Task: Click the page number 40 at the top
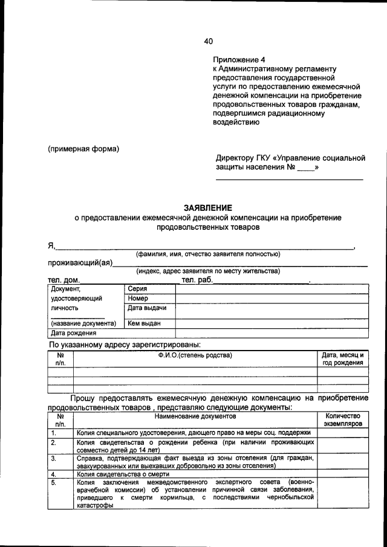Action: click(x=208, y=41)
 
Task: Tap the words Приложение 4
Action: click(x=239, y=60)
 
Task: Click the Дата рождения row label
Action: click(x=73, y=332)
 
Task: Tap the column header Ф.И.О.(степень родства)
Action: click(x=195, y=355)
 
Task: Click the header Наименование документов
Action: click(x=195, y=416)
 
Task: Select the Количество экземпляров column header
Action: click(x=342, y=420)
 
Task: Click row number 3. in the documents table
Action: click(x=54, y=459)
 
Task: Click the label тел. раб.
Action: click(x=196, y=280)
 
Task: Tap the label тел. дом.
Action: click(x=63, y=280)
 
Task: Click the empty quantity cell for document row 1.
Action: click(x=342, y=433)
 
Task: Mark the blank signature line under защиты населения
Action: click(x=290, y=180)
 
